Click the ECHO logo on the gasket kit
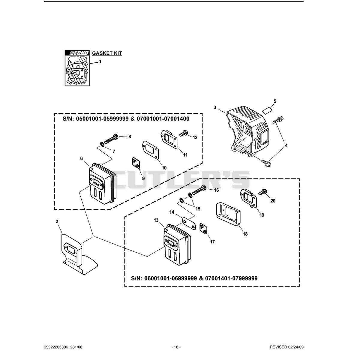[77, 53]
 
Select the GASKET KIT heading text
[107, 53]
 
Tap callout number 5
[275, 101]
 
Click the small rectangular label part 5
[268, 110]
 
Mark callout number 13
[156, 220]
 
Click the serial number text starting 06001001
[194, 283]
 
